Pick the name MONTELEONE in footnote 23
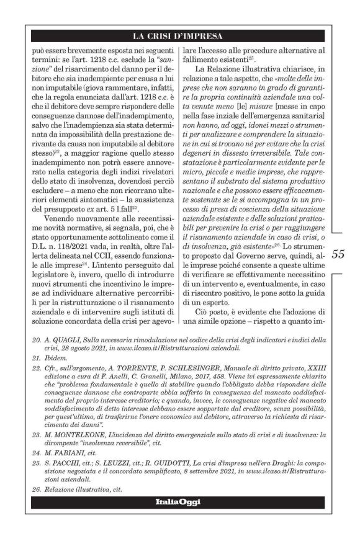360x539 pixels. pyautogui.click(x=89, y=434)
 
